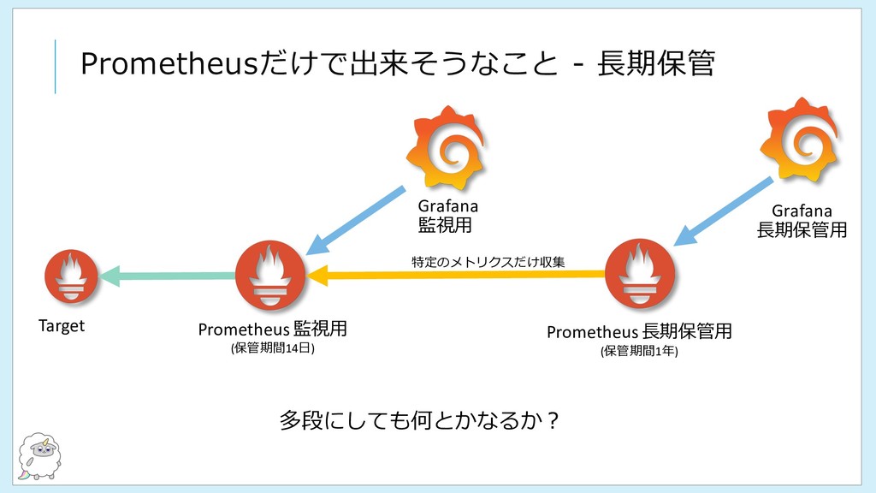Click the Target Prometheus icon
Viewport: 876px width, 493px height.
pos(71,276)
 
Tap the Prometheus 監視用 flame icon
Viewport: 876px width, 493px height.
pos(270,276)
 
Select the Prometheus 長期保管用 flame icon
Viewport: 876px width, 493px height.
pos(640,274)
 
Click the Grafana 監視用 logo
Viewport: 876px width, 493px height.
pos(446,148)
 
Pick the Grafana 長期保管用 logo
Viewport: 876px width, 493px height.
pos(800,140)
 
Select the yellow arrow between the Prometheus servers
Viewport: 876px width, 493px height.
pos(456,275)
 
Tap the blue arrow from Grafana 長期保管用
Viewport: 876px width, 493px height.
pos(724,212)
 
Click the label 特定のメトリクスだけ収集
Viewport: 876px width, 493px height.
pos(488,262)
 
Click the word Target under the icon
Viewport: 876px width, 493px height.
pos(62,326)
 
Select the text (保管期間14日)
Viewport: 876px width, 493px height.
pos(273,348)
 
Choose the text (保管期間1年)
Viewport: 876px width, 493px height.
pos(640,351)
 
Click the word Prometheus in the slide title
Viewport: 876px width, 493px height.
pos(169,63)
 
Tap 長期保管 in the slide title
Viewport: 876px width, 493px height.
pos(656,62)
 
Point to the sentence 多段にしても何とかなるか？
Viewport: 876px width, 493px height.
pos(419,420)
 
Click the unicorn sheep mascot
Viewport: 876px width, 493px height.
pos(39,456)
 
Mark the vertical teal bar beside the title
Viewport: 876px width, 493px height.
pos(55,67)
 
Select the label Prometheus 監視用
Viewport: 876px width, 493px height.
pos(273,329)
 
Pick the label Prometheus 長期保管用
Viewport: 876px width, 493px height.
pos(639,331)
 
